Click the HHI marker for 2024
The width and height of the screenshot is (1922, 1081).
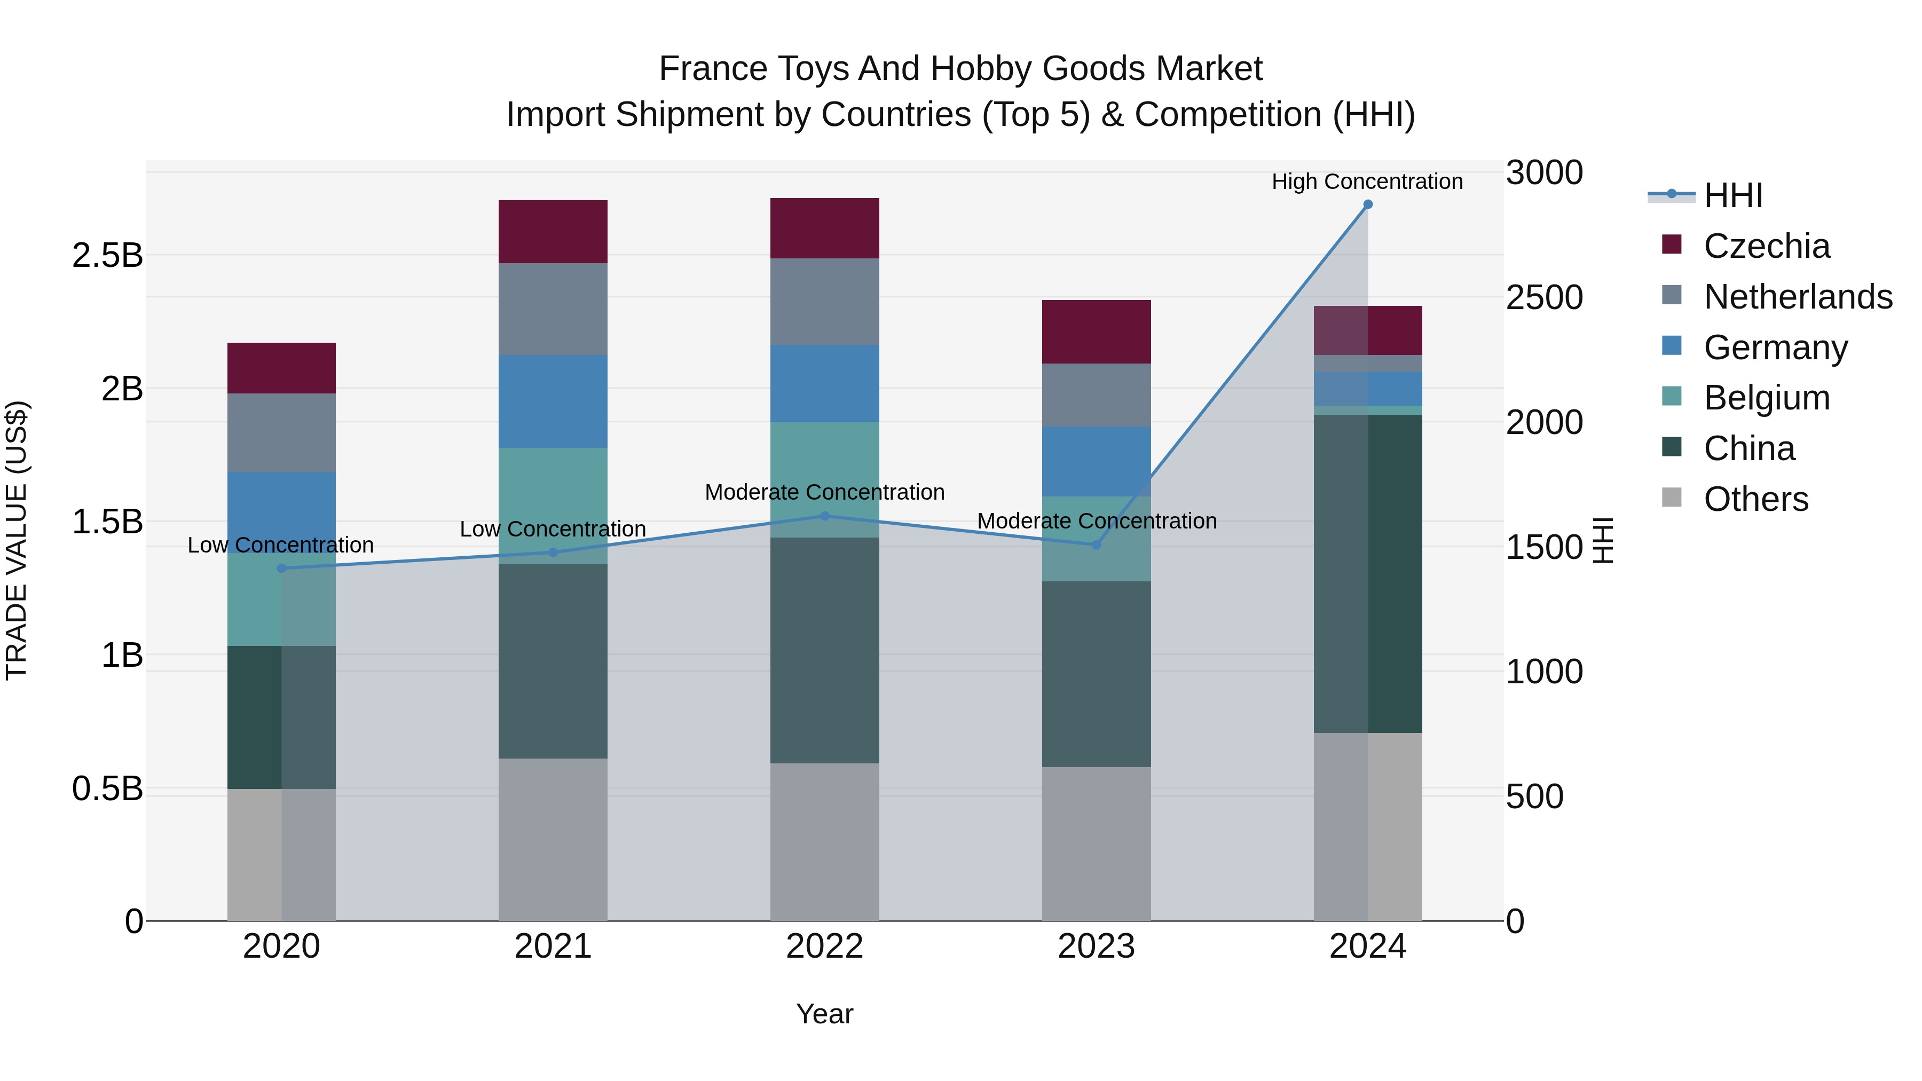1368,204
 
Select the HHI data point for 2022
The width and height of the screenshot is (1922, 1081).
824,516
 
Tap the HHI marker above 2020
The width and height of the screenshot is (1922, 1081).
281,569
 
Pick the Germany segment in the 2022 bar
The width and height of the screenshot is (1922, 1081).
824,383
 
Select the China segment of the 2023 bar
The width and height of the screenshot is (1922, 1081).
1096,674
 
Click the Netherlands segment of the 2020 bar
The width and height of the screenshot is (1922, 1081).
281,433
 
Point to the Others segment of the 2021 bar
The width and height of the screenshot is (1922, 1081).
553,839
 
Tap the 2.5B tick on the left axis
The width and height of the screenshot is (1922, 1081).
107,256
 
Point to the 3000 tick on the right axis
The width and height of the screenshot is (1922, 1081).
1543,173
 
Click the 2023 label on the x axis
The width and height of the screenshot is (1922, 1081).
1096,946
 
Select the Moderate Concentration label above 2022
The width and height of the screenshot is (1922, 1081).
824,492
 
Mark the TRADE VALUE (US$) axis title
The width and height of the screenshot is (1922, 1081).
17,540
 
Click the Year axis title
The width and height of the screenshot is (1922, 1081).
824,1014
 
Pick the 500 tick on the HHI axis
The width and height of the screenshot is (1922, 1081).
1534,797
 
